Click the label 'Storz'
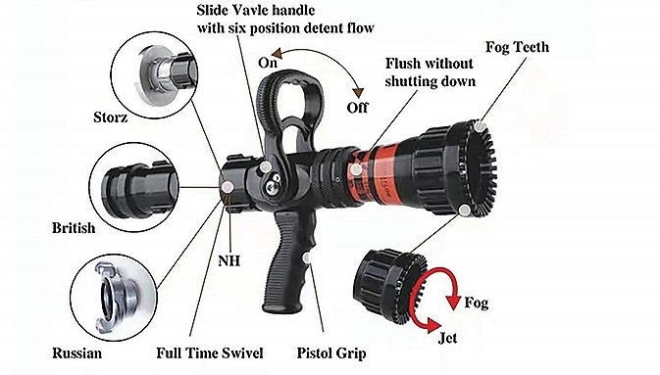pos(110,117)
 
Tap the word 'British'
pos(74,228)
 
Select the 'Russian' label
pos(77,352)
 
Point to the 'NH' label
pos(229,261)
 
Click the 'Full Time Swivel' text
pos(210,352)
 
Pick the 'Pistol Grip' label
pos(331,353)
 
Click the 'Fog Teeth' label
pos(517,47)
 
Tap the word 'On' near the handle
pos(268,63)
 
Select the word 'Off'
pos(357,108)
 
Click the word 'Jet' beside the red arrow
pos(447,338)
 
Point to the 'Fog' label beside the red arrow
pos(477,304)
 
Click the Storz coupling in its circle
pos(168,74)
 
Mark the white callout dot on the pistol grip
pos(308,258)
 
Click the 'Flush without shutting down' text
pos(430,72)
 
